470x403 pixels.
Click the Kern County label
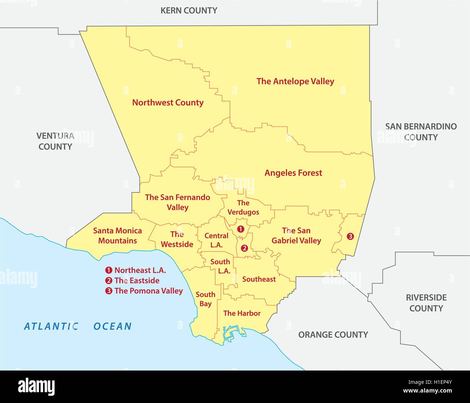(x=189, y=10)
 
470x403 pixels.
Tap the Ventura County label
(x=55, y=141)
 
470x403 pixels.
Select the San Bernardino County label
(x=421, y=132)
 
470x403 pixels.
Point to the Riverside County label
(x=426, y=303)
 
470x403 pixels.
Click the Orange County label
(x=333, y=335)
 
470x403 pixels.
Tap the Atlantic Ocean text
(x=78, y=326)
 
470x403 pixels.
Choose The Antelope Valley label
(x=295, y=82)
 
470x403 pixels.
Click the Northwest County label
(x=168, y=103)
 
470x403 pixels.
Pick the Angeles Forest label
(x=293, y=173)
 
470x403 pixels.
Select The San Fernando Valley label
(x=178, y=202)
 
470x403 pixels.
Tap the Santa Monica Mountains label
(x=117, y=235)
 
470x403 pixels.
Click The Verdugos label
(x=243, y=208)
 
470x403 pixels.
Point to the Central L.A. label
(x=216, y=240)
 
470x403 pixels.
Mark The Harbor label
(x=242, y=313)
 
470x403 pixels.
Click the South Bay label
(x=205, y=299)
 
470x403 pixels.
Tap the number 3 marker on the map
(x=350, y=237)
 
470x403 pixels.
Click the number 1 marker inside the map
(x=240, y=229)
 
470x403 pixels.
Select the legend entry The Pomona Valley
(x=148, y=291)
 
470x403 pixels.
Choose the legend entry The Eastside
(x=137, y=281)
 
